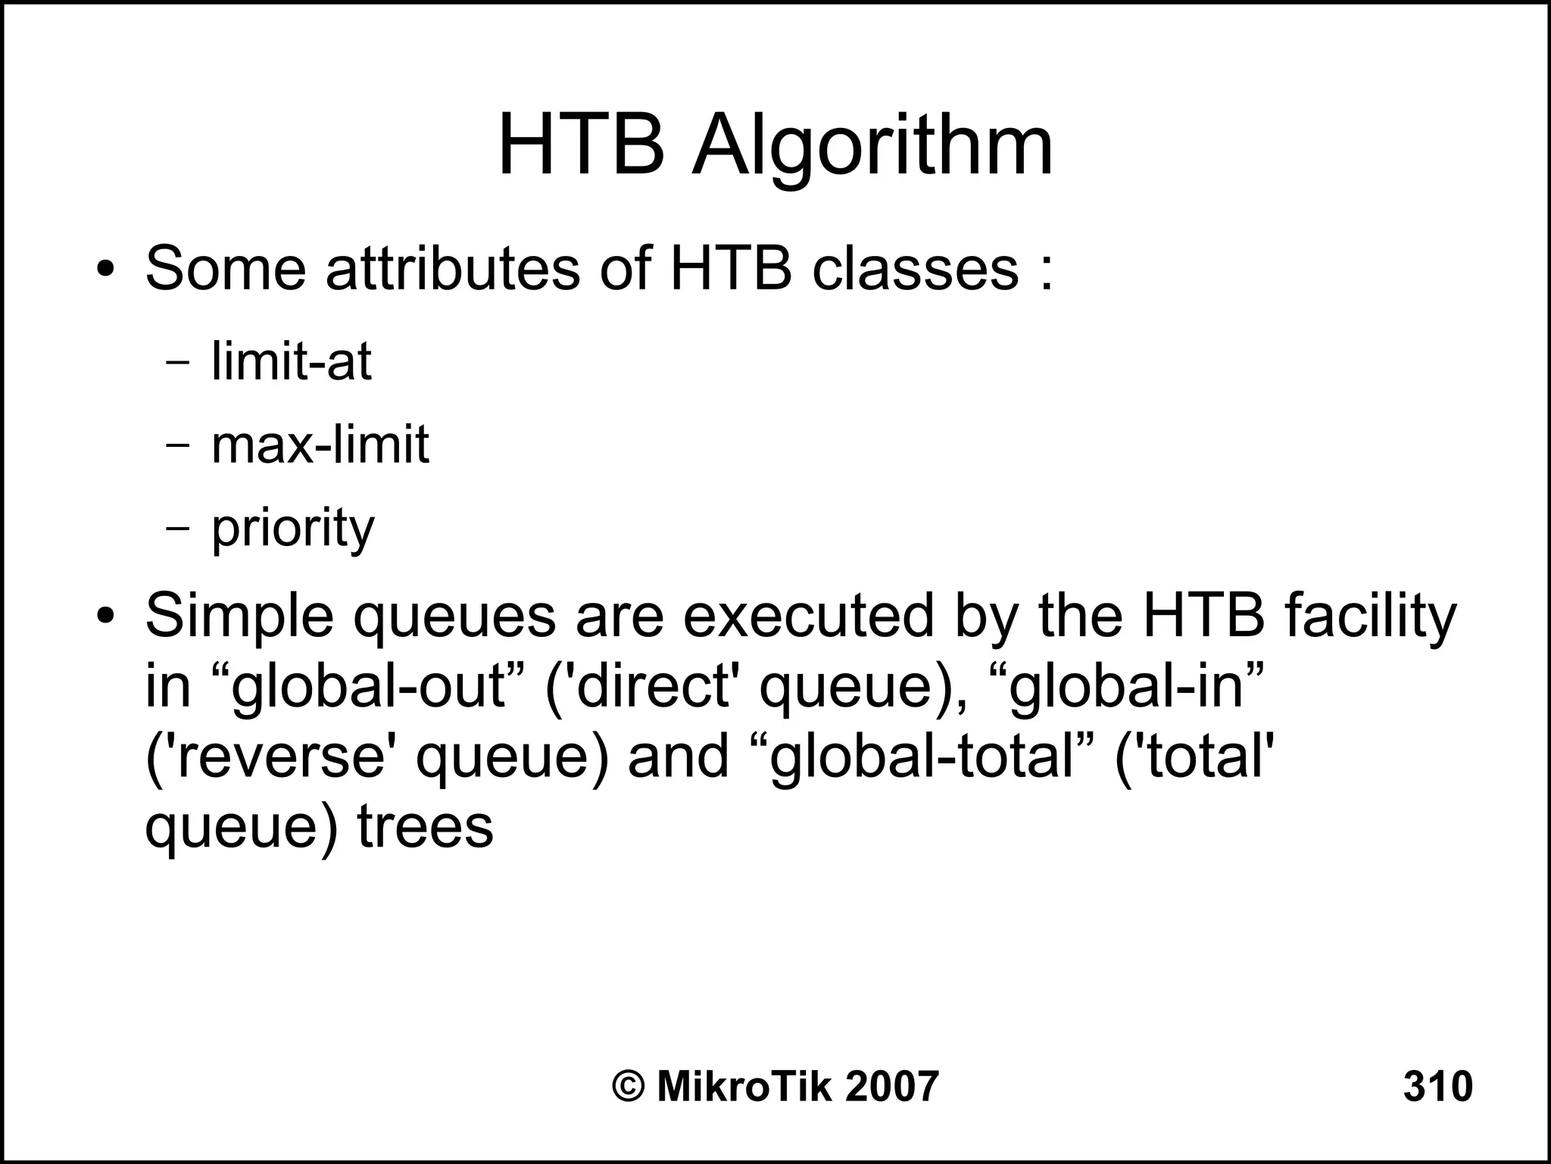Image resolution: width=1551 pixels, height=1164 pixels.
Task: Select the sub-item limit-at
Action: [x=291, y=361]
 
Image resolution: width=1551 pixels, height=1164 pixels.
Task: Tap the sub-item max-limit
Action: [x=320, y=445]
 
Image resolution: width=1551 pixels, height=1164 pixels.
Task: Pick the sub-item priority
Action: [x=292, y=528]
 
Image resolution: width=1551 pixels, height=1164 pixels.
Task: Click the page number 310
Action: [x=1437, y=1086]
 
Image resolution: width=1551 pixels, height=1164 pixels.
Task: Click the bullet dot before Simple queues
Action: [x=105, y=615]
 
